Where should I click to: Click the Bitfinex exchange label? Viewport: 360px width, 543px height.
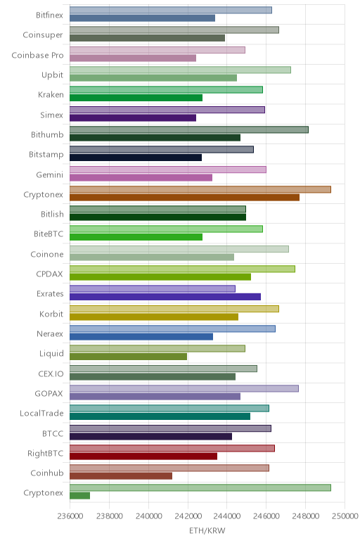pyautogui.click(x=49, y=15)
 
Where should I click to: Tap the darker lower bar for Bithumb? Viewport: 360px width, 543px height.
pyautogui.click(x=155, y=138)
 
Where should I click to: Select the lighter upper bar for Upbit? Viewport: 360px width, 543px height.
pyautogui.click(x=180, y=70)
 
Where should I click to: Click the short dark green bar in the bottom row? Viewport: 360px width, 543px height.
pyautogui.click(x=79, y=496)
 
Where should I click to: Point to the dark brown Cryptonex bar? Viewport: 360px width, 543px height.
pyautogui.click(x=184, y=198)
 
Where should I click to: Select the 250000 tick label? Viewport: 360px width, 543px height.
pyautogui.click(x=345, y=516)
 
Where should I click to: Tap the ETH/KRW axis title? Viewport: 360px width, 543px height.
pyautogui.click(x=207, y=530)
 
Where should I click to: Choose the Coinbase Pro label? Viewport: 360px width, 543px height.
pyautogui.click(x=37, y=56)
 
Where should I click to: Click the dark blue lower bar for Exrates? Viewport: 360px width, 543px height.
pyautogui.click(x=165, y=297)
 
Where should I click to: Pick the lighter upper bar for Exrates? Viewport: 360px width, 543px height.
pyautogui.click(x=153, y=289)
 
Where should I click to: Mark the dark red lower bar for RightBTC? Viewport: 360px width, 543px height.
pyautogui.click(x=143, y=456)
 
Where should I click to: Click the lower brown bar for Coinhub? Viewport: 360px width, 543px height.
pyautogui.click(x=121, y=475)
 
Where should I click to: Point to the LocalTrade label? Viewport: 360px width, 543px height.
pyautogui.click(x=41, y=413)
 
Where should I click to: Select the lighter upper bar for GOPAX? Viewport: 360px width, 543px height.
pyautogui.click(x=184, y=388)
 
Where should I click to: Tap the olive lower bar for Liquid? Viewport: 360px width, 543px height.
pyautogui.click(x=128, y=357)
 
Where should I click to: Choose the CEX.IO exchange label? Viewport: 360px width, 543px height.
pyautogui.click(x=51, y=373)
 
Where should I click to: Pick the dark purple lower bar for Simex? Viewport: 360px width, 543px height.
pyautogui.click(x=133, y=117)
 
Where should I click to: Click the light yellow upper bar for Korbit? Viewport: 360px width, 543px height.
pyautogui.click(x=174, y=309)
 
